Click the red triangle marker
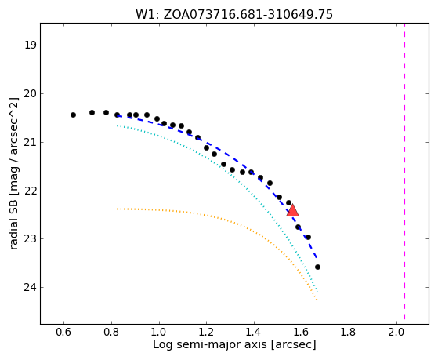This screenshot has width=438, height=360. tap(293, 211)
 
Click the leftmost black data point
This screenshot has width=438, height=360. tap(73, 115)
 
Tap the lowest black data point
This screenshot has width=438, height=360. tap(317, 267)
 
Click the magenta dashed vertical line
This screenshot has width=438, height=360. tap(404, 171)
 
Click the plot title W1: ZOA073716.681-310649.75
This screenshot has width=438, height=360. tap(234, 15)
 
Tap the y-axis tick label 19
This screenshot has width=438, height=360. tap(30, 45)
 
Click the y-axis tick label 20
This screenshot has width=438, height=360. tap(30, 93)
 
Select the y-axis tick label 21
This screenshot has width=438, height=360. tap(30, 143)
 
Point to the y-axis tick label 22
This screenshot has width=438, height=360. tap(30, 191)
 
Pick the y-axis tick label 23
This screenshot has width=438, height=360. tap(30, 239)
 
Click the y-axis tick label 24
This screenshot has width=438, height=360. tap(30, 288)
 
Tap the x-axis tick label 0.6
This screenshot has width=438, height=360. tap(64, 332)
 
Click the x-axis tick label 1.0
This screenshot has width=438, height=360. tap(159, 332)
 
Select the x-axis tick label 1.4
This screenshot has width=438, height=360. tap(254, 332)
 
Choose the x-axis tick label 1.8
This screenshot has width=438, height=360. tap(349, 332)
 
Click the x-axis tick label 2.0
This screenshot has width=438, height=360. tap(396, 332)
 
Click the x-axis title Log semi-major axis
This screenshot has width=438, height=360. tap(210, 345)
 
